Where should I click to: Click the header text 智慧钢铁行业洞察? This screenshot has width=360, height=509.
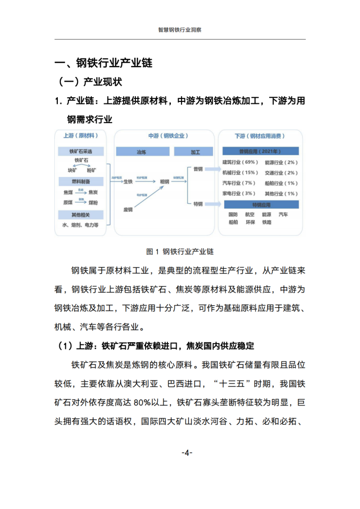[x=180, y=30]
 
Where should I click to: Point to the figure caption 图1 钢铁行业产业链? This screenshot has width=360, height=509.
[x=179, y=251]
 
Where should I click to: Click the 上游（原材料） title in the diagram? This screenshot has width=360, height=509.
[x=80, y=136]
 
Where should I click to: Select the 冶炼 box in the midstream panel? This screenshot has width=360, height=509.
[x=141, y=152]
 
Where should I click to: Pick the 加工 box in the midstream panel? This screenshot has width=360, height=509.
[x=195, y=152]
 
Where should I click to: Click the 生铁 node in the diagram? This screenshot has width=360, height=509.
[x=128, y=181]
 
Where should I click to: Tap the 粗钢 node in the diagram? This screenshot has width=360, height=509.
[x=165, y=181]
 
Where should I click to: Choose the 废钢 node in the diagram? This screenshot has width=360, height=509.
[x=128, y=209]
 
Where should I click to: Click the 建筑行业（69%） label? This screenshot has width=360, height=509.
[x=241, y=162]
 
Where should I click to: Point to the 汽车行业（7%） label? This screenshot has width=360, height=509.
[x=239, y=183]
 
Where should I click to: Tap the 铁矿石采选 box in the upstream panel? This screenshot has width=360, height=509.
[x=81, y=151]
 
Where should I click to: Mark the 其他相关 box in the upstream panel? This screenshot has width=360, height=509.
[x=81, y=214]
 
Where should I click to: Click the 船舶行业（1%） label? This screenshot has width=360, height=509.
[x=281, y=183]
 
